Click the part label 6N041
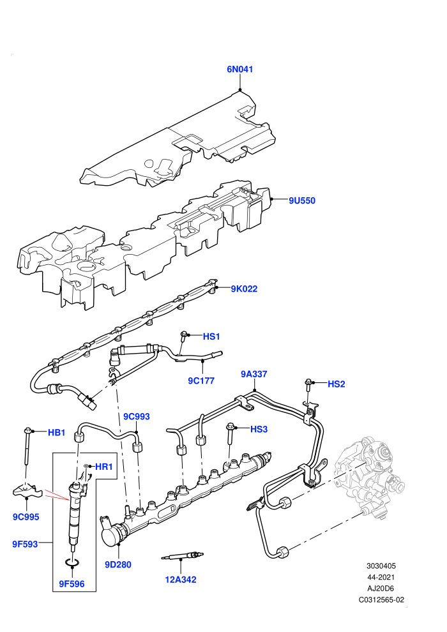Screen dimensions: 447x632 240,70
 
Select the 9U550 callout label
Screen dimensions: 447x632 302,200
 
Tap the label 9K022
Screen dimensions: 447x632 244,289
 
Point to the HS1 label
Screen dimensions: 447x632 211,336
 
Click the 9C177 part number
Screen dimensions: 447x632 201,381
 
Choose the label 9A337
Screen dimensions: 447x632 254,374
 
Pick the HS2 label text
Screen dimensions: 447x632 336,384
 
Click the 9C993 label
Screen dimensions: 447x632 136,417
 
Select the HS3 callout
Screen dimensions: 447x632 259,429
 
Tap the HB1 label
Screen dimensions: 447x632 56,433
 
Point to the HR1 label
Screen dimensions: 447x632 103,467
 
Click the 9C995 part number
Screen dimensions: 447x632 26,517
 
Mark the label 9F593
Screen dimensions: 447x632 25,545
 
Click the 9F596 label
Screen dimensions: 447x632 72,584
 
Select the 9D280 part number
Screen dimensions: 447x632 118,565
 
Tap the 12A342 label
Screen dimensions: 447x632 181,580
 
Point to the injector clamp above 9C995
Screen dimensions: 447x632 27,491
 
